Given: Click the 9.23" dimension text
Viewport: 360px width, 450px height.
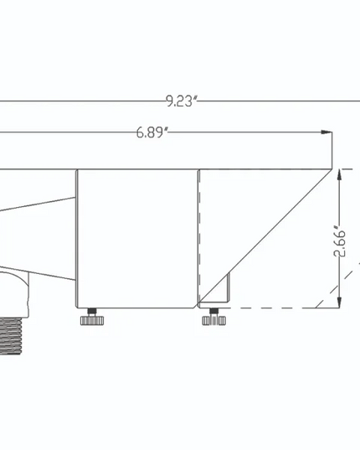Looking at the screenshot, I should [180, 102].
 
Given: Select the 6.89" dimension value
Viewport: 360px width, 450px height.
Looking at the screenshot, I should [152, 133].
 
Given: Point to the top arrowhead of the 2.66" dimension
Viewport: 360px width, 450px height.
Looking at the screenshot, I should [340, 174].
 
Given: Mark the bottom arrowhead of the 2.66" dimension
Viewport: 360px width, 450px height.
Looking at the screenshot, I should [340, 303].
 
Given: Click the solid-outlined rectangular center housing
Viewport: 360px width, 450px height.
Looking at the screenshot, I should [136, 239].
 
